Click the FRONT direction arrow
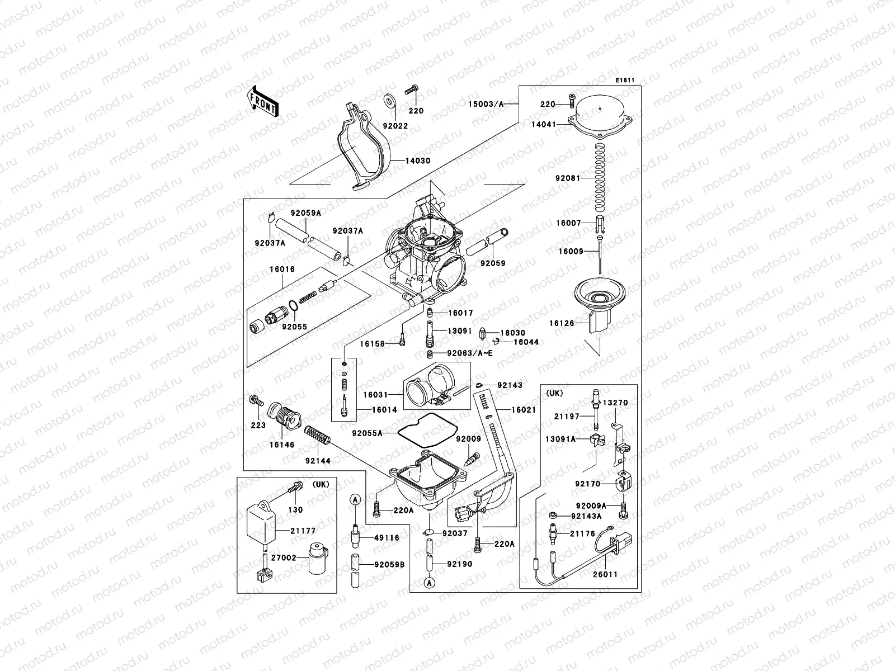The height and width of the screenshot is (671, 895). click(262, 101)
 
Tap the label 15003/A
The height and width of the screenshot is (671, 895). click(486, 105)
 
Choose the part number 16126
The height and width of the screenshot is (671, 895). click(561, 323)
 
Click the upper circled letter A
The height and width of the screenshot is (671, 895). click(355, 499)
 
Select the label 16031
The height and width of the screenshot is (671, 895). click(376, 395)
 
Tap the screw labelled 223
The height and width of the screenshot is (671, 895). click(256, 401)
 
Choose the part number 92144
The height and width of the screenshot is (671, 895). click(318, 461)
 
